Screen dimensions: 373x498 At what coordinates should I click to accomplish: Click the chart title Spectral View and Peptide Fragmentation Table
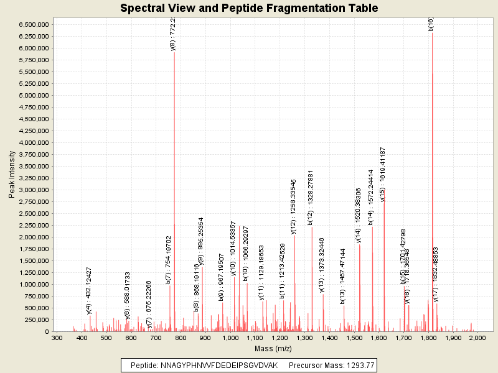(x=249, y=8)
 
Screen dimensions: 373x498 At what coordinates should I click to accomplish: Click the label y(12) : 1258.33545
(x=294, y=208)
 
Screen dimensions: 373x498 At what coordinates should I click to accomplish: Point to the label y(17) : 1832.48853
(x=436, y=274)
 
